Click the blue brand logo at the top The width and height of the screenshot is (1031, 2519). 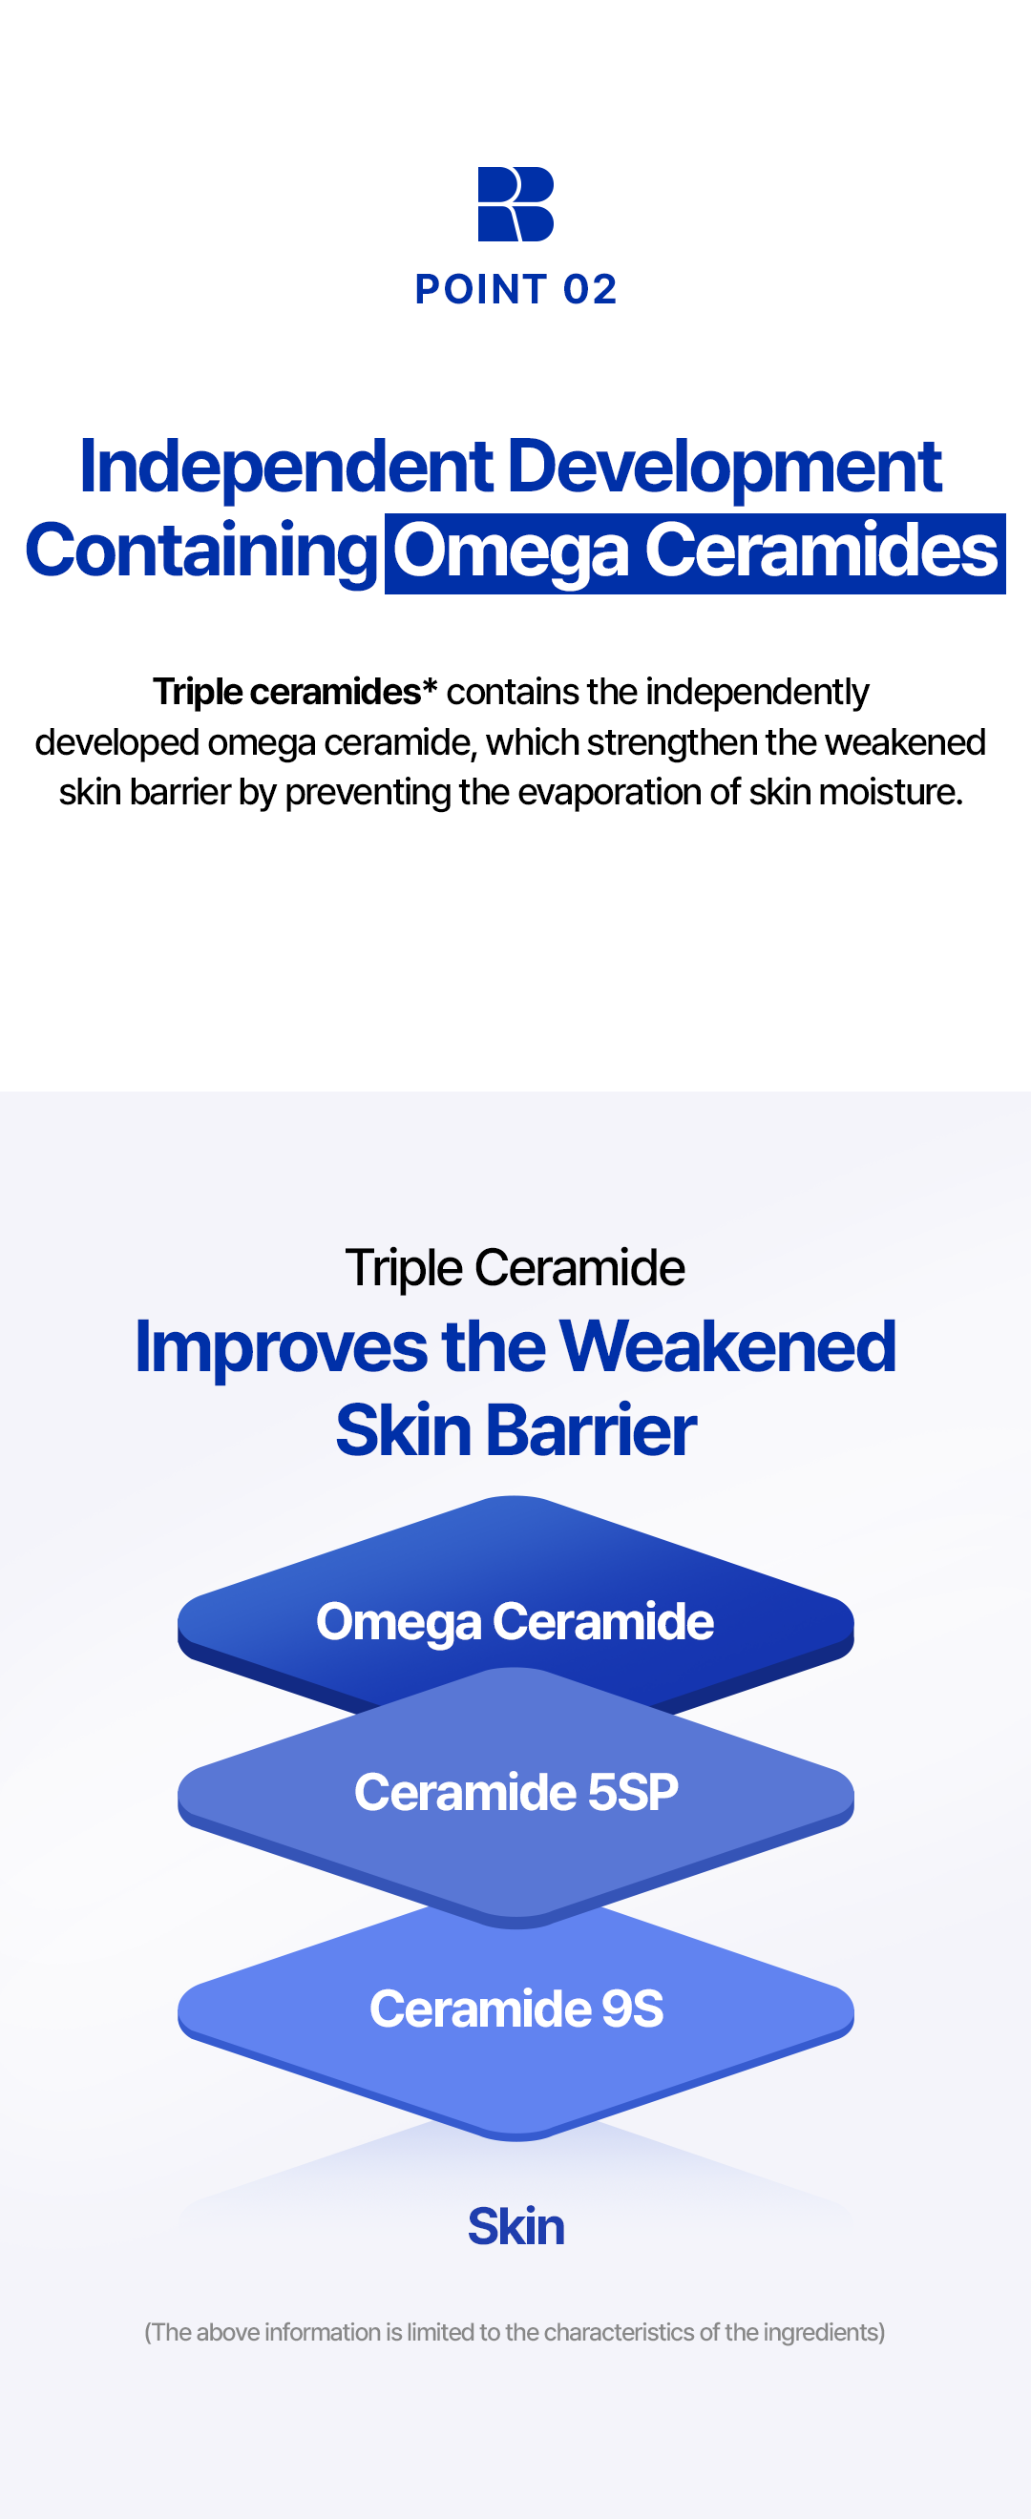(515, 203)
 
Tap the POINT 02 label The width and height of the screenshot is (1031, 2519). (515, 289)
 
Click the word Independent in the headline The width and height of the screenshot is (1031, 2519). (286, 468)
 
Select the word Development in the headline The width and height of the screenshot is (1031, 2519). (725, 468)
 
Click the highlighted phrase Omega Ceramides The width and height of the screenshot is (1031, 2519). (696, 552)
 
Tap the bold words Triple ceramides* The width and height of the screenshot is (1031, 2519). (294, 692)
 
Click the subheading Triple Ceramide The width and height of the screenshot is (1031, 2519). (515, 1268)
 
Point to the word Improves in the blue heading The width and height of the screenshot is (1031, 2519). (281, 1347)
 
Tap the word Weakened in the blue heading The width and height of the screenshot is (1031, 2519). (727, 1346)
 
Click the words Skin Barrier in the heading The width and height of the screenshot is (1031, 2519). (515, 1430)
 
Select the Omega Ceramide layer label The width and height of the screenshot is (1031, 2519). (515, 1621)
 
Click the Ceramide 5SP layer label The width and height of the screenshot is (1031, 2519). (515, 1793)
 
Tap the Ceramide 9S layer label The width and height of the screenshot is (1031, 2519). (515, 2009)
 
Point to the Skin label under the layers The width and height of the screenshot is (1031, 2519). (515, 2227)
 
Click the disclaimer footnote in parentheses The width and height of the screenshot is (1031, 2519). (515, 2332)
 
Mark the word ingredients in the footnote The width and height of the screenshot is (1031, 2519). (824, 2332)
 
